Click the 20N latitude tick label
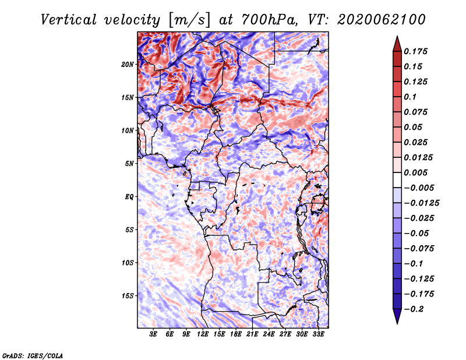pyautogui.click(x=128, y=65)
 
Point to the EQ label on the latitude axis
pyautogui.click(x=129, y=197)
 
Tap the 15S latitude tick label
pyautogui.click(x=128, y=296)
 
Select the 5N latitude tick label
pyautogui.click(x=129, y=164)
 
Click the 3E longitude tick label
pyautogui.click(x=153, y=334)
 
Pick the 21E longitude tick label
pyautogui.click(x=252, y=334)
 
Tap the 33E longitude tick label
pyautogui.click(x=318, y=334)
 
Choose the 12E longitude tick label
pyautogui.click(x=203, y=334)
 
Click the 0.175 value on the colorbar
pyautogui.click(x=415, y=51)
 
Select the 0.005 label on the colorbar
pyautogui.click(x=415, y=172)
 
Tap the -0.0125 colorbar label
pyautogui.click(x=421, y=203)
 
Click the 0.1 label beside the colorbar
pyautogui.click(x=410, y=97)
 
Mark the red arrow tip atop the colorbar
pyautogui.click(x=397, y=36)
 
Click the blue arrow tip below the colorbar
pyautogui.click(x=397, y=323)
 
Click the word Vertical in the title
pyautogui.click(x=68, y=20)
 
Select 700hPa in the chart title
pyautogui.click(x=269, y=20)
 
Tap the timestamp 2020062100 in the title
pyautogui.click(x=382, y=20)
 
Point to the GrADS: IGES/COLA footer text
pyautogui.click(x=33, y=355)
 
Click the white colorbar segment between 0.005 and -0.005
pyautogui.click(x=397, y=180)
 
